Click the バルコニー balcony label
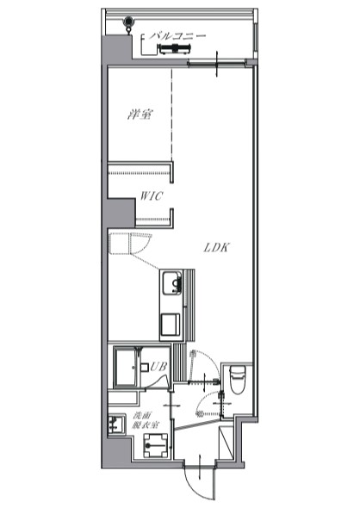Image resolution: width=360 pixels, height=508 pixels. [x=177, y=35]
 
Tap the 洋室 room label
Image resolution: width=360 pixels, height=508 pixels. [x=140, y=115]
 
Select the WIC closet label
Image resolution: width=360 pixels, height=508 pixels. [x=152, y=196]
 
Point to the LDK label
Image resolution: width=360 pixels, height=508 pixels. [x=216, y=248]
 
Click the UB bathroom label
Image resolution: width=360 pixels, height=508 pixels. [x=158, y=367]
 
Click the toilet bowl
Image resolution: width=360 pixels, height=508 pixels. [x=239, y=380]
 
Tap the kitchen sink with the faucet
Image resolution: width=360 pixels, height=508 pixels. [x=171, y=283]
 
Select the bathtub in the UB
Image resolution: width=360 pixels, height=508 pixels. [x=125, y=368]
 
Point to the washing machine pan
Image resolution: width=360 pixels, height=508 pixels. [x=156, y=445]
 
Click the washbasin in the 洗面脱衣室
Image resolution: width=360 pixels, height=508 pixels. [x=116, y=424]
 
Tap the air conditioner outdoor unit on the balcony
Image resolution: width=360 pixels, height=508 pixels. [x=175, y=49]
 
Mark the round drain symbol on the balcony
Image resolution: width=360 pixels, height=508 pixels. [x=128, y=22]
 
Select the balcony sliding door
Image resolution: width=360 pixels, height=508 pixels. [x=216, y=64]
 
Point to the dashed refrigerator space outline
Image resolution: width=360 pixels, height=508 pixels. [x=130, y=243]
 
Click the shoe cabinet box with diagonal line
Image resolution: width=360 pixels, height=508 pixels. [x=226, y=443]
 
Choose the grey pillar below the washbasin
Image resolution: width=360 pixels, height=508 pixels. [x=117, y=453]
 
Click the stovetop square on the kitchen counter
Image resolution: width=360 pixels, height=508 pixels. [x=171, y=325]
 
